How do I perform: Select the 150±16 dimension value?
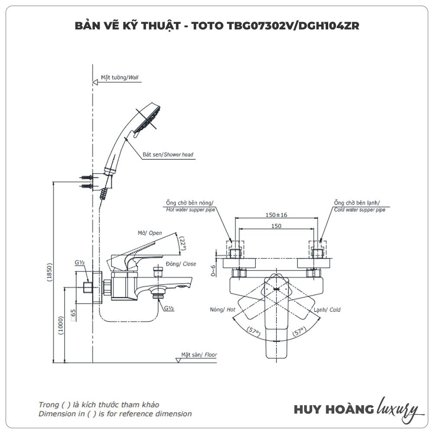276,215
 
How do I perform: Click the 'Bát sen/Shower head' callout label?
168,155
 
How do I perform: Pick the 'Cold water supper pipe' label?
359,210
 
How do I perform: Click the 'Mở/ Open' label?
150,233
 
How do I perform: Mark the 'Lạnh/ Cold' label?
327,310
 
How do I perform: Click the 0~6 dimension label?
213,271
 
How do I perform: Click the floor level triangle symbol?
178,359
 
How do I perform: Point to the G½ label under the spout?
168,308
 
